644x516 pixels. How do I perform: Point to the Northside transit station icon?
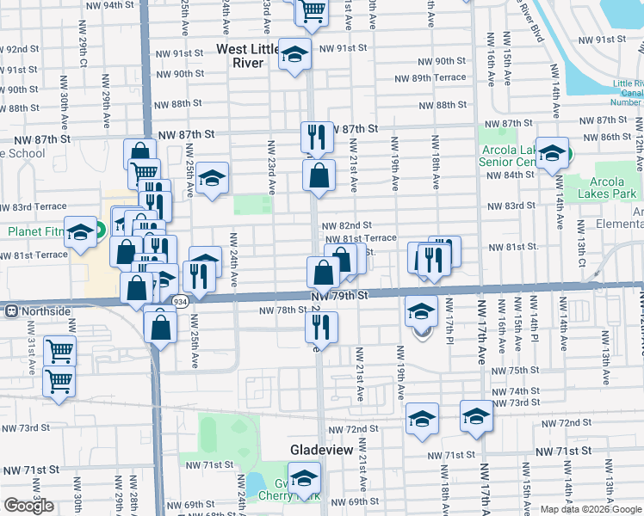[x=13, y=310]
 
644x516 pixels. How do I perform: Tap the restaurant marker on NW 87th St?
[x=316, y=136]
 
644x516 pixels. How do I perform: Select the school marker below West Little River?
[x=294, y=57]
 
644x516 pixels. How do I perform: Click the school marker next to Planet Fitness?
[x=81, y=231]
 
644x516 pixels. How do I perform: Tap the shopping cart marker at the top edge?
[x=312, y=11]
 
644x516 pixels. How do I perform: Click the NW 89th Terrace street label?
[x=438, y=78]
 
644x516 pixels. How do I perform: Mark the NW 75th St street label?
[x=527, y=370]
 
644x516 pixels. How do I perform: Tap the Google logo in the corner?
[x=29, y=506]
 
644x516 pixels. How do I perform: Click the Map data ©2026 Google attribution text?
[x=591, y=509]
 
